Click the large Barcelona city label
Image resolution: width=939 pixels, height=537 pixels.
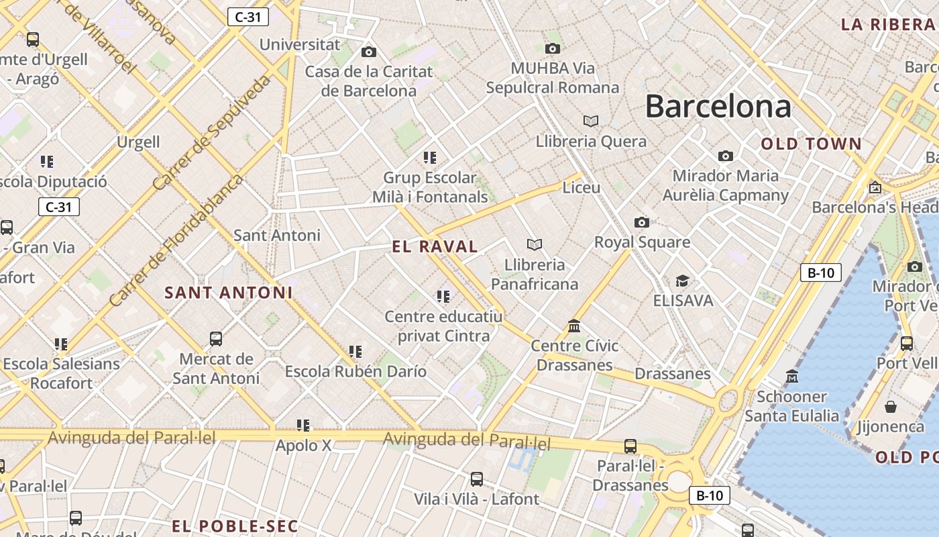[x=718, y=106]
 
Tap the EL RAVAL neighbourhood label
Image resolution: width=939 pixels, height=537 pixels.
[x=435, y=246]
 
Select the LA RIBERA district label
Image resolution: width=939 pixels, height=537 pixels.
[x=887, y=25]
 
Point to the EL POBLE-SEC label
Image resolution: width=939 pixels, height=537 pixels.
[x=234, y=526]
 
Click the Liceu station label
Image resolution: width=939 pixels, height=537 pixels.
[x=582, y=187]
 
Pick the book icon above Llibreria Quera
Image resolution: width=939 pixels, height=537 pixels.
[x=591, y=121]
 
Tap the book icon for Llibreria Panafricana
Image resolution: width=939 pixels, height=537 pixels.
[x=535, y=244]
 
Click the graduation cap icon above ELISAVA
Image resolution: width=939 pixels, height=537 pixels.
[x=682, y=281]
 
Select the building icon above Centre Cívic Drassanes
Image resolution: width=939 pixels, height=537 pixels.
[x=574, y=326]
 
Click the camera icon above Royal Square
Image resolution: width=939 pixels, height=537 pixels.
[x=642, y=222]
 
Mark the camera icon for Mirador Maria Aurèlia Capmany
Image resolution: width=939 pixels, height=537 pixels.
[x=726, y=156]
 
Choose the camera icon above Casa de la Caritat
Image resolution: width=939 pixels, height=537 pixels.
[x=369, y=52]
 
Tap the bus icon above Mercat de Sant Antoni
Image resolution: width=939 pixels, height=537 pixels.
[x=216, y=339]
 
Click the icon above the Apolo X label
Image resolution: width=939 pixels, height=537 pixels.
[x=303, y=425]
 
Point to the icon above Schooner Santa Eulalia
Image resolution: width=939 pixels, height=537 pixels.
[x=792, y=377]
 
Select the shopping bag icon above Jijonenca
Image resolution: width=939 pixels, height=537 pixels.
[x=891, y=407]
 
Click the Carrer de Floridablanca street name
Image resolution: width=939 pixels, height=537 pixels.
[x=176, y=240]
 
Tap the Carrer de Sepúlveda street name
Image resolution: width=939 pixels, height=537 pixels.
[x=212, y=132]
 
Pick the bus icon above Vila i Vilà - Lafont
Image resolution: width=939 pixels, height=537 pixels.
[x=477, y=479]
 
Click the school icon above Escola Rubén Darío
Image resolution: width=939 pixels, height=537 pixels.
[x=355, y=351]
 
